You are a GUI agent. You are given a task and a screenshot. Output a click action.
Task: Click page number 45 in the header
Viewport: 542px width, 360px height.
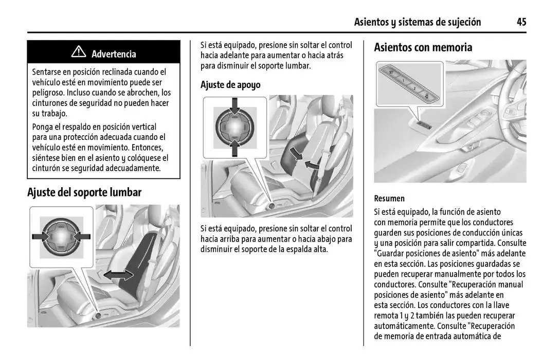tap(521, 22)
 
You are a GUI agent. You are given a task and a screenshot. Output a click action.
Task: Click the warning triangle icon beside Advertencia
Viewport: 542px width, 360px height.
tap(79, 52)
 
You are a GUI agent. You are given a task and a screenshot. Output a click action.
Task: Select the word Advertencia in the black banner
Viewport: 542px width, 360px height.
tap(114, 54)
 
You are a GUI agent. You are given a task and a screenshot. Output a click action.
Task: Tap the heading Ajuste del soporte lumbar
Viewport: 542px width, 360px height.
tap(84, 192)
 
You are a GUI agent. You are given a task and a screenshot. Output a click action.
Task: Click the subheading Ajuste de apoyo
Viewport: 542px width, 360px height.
tap(230, 85)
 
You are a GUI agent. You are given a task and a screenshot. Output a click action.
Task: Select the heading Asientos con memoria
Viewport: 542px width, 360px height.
tap(423, 48)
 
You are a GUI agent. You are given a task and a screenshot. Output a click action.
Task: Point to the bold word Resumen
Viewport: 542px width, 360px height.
tap(389, 199)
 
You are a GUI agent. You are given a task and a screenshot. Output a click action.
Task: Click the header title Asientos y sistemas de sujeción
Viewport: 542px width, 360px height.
tap(418, 22)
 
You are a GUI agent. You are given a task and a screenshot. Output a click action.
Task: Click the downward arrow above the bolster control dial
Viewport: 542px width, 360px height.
tap(234, 106)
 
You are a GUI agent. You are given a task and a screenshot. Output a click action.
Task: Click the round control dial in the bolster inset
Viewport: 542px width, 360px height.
tap(234, 127)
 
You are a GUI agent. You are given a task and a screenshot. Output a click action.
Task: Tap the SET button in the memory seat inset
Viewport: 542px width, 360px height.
tap(391, 73)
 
